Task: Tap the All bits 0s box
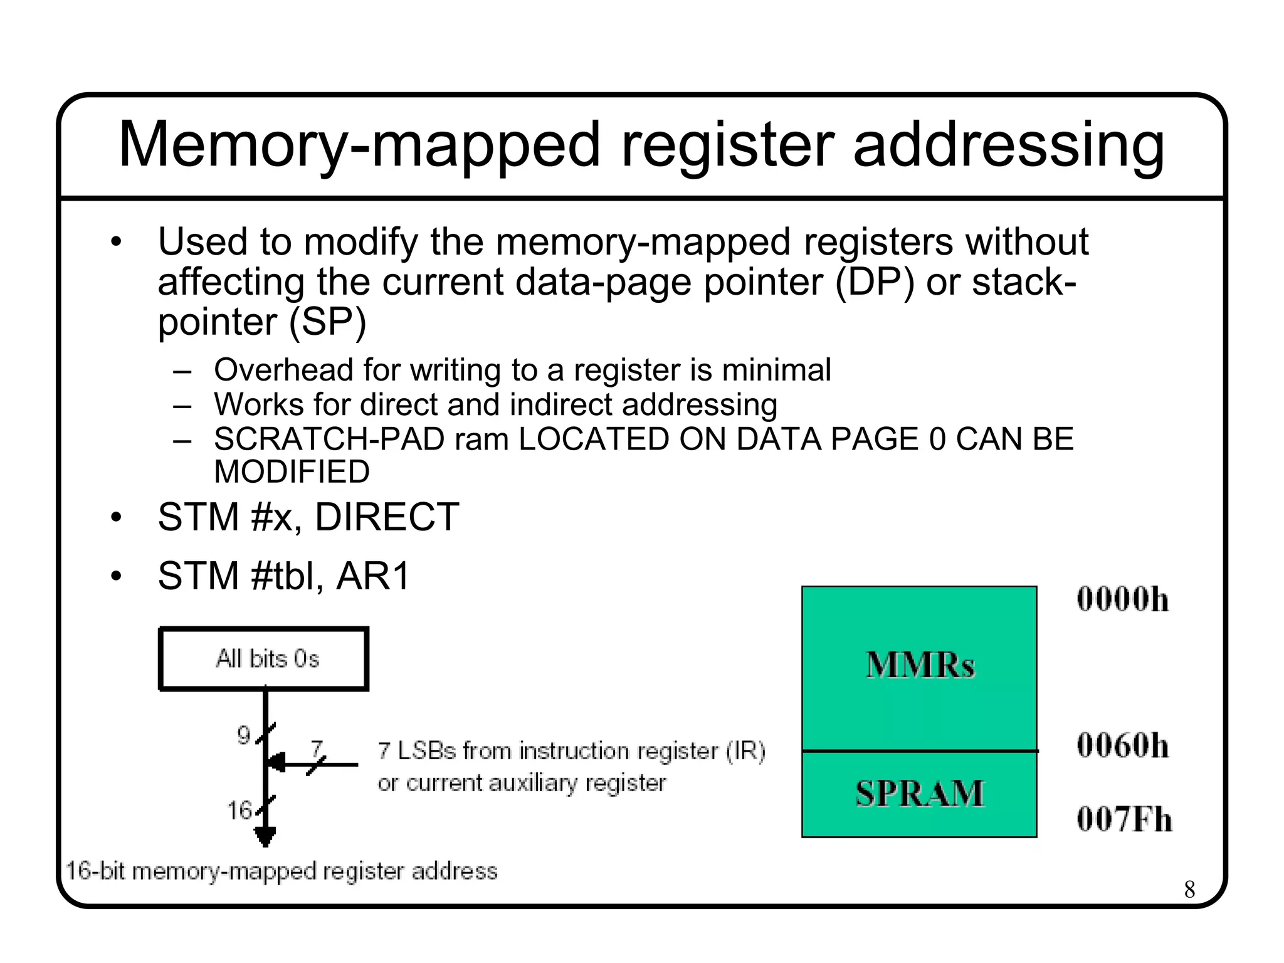[x=264, y=659]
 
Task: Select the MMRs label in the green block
[x=920, y=665]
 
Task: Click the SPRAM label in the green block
[x=920, y=794]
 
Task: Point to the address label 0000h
[x=1122, y=599]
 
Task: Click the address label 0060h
[x=1122, y=746]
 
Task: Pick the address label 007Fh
[x=1123, y=819]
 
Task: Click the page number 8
[x=1189, y=889]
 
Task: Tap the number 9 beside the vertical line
[x=244, y=735]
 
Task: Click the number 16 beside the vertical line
[x=239, y=811]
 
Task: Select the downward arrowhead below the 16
[x=265, y=837]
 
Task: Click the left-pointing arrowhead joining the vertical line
[x=276, y=764]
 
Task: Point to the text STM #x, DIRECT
[x=308, y=517]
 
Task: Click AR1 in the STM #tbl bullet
[x=372, y=576]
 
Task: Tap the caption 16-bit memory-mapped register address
[x=282, y=871]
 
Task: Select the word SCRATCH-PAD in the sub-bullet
[x=329, y=439]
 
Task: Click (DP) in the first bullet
[x=874, y=282]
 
